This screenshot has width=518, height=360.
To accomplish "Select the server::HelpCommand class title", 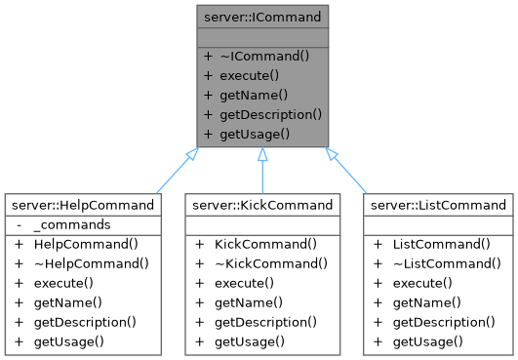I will click(x=82, y=205).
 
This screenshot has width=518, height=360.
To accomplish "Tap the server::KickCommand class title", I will click(x=260, y=205).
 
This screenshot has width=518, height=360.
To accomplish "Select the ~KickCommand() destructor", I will click(x=269, y=263).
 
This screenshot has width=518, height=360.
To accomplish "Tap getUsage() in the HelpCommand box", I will click(x=68, y=341).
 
